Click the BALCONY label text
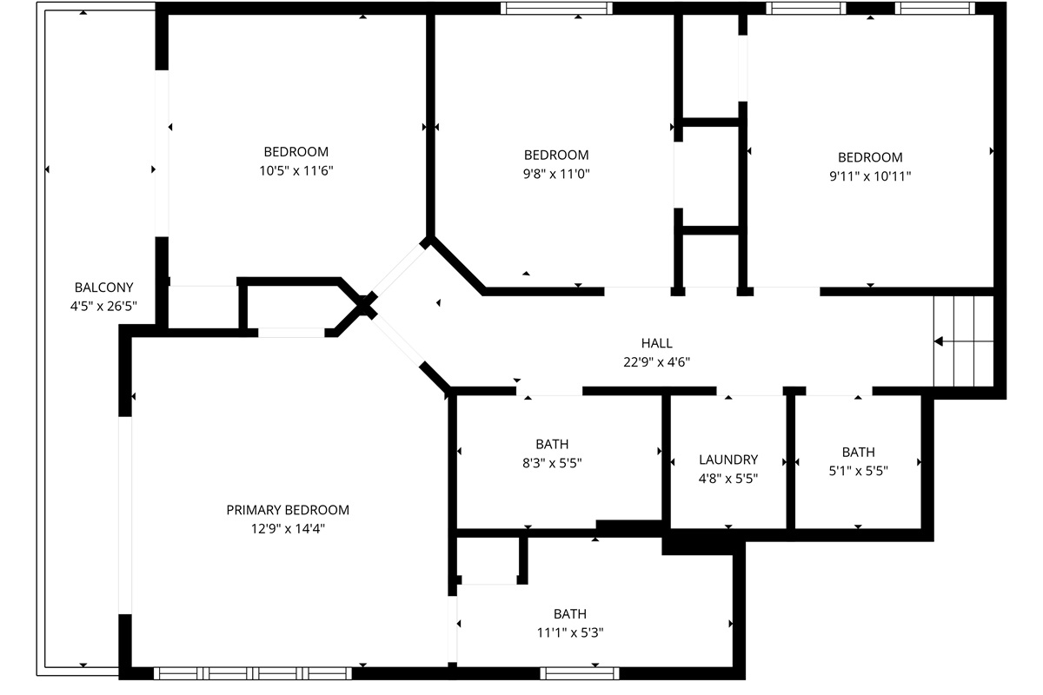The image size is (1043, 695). pos(103,288)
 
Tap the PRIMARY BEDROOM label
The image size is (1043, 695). pos(288,510)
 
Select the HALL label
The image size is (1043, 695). pos(656,343)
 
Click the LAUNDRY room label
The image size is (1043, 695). pos(728,460)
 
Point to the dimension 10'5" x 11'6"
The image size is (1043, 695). pos(296,171)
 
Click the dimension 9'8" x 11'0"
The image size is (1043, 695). pos(556,174)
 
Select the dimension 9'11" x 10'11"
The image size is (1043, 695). pos(870,176)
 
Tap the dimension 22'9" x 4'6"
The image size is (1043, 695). pos(656,362)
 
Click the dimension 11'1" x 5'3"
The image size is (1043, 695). pos(570,632)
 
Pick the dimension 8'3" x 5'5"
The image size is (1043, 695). pos(552,463)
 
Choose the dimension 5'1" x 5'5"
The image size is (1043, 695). pos(858,471)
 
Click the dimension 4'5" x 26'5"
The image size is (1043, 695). pos(103,307)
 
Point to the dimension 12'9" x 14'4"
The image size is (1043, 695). pos(288,529)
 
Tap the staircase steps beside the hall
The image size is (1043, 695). pos(963,341)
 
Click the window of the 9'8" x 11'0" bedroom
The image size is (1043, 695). pos(556,9)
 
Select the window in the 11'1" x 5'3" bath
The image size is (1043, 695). pos(580,673)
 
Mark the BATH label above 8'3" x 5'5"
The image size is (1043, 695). pos(552,444)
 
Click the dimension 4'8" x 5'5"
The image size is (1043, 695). pos(728,479)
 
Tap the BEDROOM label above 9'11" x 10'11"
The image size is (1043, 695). pos(870,157)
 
